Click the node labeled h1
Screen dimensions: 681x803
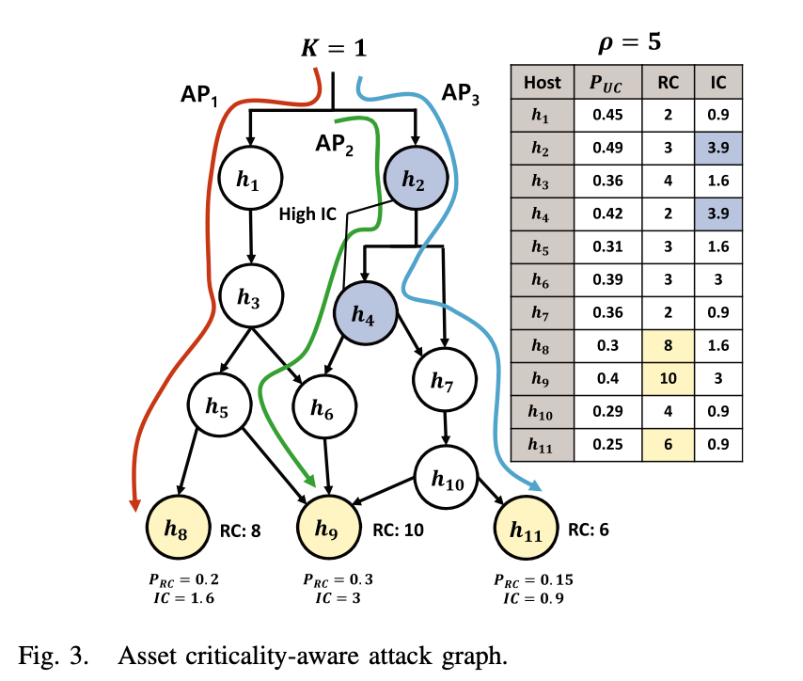coord(247,179)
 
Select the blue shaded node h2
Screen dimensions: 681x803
coord(415,179)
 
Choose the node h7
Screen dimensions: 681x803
coord(444,381)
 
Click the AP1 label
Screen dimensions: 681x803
coord(199,95)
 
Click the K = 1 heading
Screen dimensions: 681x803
coord(334,47)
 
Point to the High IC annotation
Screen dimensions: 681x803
coord(307,214)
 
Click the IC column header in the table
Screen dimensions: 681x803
coord(718,82)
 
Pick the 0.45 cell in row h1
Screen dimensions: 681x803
coord(608,115)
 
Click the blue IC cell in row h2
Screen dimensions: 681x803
coord(718,148)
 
